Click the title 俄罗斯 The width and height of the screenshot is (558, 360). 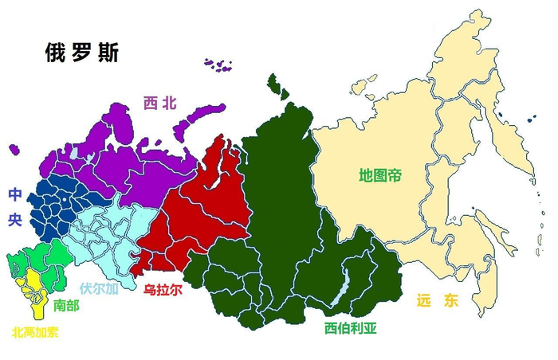click(82, 53)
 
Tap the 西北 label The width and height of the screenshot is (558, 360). click(159, 103)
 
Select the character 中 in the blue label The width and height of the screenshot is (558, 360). click(15, 194)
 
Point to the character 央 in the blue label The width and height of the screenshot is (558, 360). click(15, 219)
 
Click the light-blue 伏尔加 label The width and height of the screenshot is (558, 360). click(99, 289)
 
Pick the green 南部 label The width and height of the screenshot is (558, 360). click(66, 304)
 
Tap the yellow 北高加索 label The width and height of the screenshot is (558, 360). click(35, 331)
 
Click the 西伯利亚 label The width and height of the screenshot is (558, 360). click(350, 327)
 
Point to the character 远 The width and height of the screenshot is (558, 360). click(424, 301)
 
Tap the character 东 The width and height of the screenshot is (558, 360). click(452, 301)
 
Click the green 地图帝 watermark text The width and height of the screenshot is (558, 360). click(380, 173)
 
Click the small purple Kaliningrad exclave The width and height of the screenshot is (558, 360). click(14, 149)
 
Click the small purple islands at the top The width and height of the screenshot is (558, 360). click(218, 64)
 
